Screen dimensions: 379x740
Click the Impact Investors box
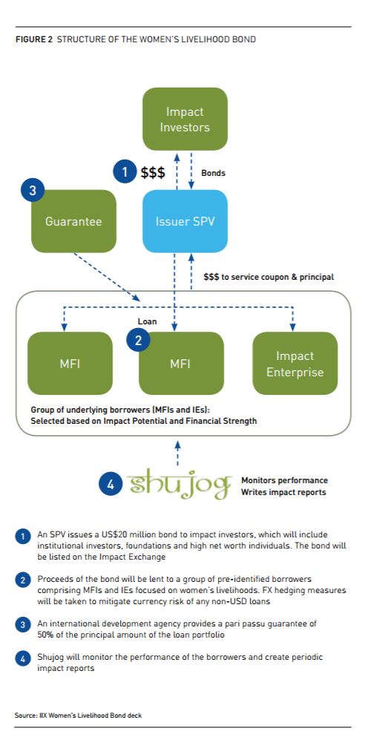coord(185,119)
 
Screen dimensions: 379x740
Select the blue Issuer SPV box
coord(185,221)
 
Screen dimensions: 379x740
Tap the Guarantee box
coord(73,221)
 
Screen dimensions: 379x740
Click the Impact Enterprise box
coord(295,364)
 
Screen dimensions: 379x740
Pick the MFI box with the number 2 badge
coord(180,364)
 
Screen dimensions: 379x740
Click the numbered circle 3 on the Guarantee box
coord(33,191)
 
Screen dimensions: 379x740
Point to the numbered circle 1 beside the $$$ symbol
coord(125,173)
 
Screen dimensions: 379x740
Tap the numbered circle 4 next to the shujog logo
coord(111,485)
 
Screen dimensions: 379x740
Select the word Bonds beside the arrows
coord(214,173)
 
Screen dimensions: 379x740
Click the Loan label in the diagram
coord(147,321)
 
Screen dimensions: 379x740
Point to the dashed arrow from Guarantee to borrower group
coord(107,277)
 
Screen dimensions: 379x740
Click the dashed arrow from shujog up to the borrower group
coord(177,453)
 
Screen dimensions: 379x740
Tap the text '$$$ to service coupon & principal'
coord(268,277)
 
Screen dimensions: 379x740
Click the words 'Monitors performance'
coord(284,480)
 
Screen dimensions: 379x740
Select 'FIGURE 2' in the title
coord(34,39)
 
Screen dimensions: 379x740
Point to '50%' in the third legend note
coord(45,635)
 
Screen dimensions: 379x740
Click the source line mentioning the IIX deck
coord(79,715)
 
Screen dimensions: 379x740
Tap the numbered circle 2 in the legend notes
coord(22,580)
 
